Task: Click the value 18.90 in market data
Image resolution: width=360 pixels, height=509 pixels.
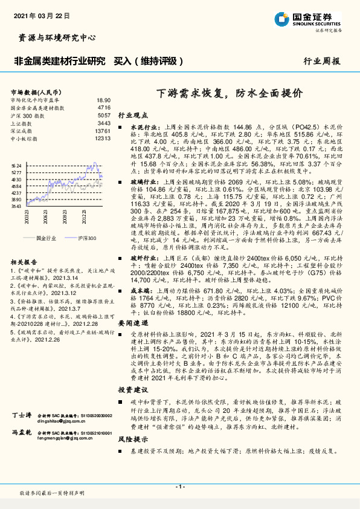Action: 103,100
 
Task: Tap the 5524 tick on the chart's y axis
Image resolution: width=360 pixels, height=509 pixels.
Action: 16,165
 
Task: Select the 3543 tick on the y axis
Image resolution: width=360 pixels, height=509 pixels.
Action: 16,206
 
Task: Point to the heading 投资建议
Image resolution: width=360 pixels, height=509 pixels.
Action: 132,390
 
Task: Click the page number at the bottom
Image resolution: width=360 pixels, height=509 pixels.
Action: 179,487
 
